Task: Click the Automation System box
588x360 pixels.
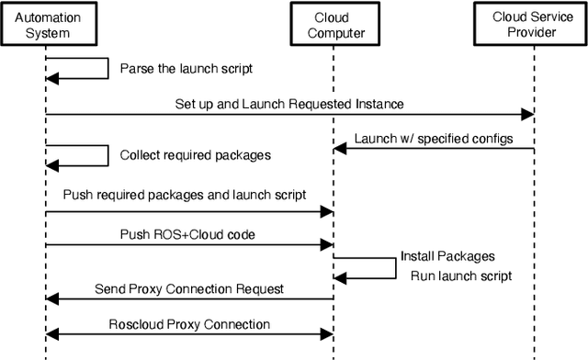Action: point(45,25)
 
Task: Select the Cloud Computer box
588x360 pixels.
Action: point(333,25)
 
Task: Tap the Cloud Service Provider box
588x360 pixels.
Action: point(529,25)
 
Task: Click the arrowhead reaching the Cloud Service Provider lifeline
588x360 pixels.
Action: point(527,115)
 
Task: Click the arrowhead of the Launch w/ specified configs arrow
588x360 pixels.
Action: point(340,149)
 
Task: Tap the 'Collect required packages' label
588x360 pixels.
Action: point(196,155)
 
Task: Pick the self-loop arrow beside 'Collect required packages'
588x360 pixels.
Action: point(78,155)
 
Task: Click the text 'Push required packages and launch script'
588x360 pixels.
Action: point(185,196)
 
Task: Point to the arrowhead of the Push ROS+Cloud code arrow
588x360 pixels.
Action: point(325,245)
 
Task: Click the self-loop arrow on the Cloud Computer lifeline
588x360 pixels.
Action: point(367,267)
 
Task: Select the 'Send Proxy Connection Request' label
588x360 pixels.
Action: point(190,288)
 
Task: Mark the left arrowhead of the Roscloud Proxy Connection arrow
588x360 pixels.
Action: point(51,333)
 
